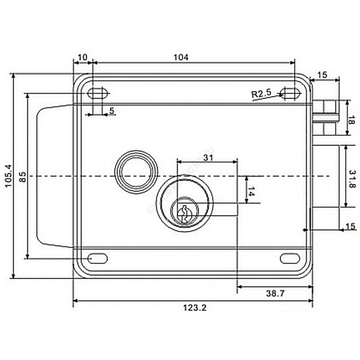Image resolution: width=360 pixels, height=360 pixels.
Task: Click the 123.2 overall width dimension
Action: pos(194,308)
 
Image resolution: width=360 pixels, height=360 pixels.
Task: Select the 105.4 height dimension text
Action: pos(9,176)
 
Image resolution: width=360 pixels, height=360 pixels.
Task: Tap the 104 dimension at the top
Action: pos(181,57)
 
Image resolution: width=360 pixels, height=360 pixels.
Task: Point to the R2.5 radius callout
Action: pos(261,94)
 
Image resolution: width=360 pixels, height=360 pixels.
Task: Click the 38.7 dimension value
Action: pos(276,293)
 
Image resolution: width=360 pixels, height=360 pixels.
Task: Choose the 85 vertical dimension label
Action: pos(23,177)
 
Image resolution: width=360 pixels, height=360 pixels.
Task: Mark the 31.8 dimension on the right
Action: pos(352,179)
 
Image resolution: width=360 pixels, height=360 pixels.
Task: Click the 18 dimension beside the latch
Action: pos(351,120)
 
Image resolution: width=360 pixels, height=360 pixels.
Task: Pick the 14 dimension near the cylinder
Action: pos(251,191)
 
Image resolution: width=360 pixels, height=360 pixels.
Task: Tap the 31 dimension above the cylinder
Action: pos(208,158)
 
